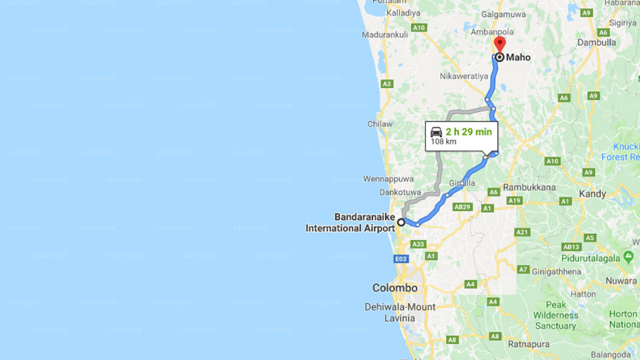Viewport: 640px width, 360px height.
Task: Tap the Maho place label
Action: coord(518,57)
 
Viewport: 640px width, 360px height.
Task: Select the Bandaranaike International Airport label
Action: coord(350,222)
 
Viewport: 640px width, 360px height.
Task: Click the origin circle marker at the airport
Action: coord(401,222)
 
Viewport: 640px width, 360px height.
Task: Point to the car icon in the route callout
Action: coord(436,132)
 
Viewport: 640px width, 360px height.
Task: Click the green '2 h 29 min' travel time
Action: coord(468,132)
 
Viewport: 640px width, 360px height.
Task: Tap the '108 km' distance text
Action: coord(443,141)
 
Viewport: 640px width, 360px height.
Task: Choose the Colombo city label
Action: coord(394,288)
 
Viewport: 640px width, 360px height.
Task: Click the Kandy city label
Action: coord(592,193)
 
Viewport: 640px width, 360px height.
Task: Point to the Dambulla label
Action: coord(596,42)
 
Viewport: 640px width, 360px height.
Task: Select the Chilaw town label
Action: coord(380,124)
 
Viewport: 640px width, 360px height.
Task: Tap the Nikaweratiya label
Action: coord(463,76)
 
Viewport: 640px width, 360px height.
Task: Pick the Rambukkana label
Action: coord(529,187)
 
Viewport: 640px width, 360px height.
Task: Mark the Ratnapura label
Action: coord(528,344)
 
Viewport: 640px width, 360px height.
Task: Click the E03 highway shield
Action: coord(401,259)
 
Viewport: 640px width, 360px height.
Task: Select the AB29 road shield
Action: coord(462,206)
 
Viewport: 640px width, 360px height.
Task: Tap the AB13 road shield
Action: coord(571,246)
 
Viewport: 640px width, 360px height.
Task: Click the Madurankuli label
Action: coord(385,35)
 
